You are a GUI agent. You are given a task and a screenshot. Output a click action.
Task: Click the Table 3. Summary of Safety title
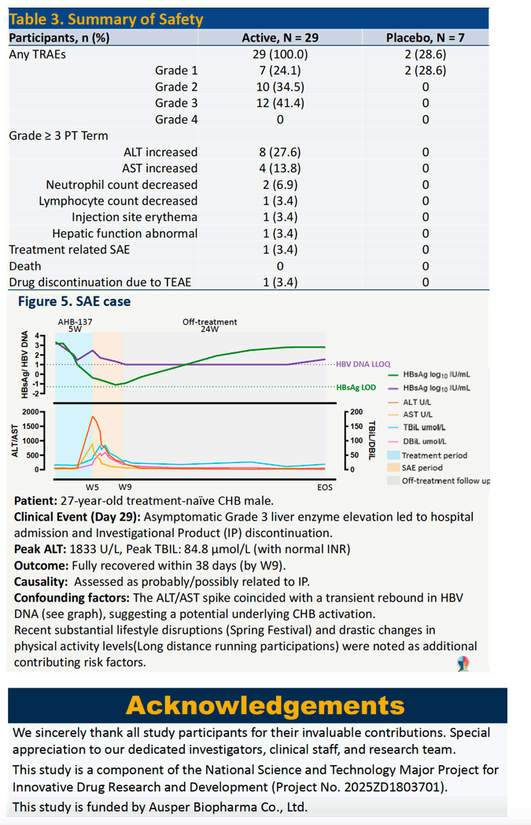106,20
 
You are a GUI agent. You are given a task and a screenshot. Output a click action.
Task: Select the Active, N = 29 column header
280,38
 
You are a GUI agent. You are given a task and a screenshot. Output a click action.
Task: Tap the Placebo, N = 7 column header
426,38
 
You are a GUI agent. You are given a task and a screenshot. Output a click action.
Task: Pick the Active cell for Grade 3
280,103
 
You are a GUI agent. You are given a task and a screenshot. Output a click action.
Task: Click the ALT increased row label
160,152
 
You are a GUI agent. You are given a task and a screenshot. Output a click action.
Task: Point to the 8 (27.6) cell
280,152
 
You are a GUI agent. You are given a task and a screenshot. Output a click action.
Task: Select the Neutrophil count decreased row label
122,185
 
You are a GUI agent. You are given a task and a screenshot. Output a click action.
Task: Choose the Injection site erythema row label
135,217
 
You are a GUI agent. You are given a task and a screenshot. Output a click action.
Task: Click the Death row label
24,267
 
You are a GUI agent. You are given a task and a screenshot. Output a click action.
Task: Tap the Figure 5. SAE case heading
74,301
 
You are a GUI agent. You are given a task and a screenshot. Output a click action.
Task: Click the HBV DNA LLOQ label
363,364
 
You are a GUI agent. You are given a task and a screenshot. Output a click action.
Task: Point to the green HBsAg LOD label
356,388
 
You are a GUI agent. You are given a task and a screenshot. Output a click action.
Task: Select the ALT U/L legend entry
418,402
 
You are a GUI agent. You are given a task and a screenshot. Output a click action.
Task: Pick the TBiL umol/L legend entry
424,428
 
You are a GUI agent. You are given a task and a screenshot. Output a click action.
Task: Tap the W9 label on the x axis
125,487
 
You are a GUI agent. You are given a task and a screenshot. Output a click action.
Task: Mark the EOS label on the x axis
325,487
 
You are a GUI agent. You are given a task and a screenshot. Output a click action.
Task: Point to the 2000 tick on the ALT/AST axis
31,412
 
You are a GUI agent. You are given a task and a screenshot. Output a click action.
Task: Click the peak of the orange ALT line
93,417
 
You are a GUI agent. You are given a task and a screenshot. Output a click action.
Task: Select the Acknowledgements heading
265,705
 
